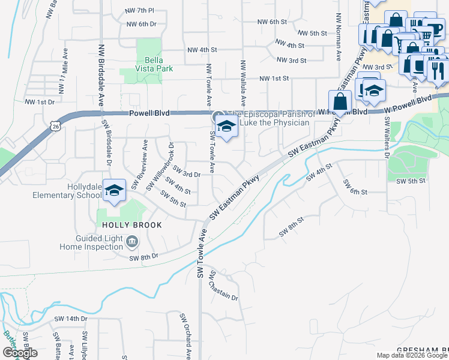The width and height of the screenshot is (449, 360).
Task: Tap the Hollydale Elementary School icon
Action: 113,190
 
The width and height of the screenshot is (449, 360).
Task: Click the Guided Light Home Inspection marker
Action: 133,242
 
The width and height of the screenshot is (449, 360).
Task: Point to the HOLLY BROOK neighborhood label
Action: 125,225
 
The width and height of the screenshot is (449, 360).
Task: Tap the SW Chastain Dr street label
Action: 223,286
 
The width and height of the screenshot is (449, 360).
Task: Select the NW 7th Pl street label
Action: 139,11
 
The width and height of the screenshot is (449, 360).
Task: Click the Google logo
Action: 20,352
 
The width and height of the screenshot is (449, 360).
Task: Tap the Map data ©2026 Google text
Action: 412,355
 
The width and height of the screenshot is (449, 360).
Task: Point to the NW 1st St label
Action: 274,79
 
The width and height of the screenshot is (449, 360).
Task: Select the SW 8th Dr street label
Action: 143,257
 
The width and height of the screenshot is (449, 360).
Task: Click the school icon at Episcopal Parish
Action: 226,127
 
